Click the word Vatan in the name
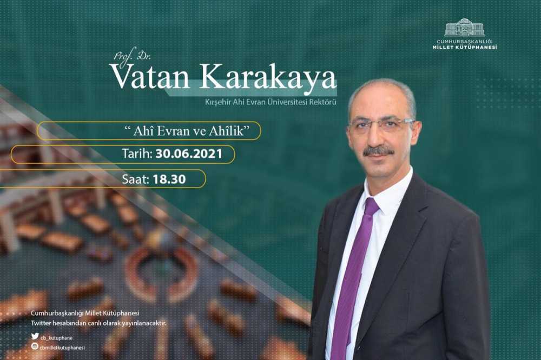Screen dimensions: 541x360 coord(150,76)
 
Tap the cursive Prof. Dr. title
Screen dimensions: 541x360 coord(133,56)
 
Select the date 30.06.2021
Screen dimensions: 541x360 coord(189,154)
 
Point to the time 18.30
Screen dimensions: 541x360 coord(169,179)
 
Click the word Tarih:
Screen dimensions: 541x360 coord(137,154)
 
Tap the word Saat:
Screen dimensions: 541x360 coord(136,179)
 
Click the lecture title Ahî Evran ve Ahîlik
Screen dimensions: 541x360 coord(187,131)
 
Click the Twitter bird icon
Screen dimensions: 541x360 coord(35,336)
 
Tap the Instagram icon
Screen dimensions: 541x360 coord(35,346)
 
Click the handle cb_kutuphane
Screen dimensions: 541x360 coord(57,338)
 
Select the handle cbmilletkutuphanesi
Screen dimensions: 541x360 coord(62,348)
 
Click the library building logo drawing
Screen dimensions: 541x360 coord(465,28)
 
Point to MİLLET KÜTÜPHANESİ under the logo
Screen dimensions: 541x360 coord(465,47)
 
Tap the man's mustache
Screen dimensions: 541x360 coord(379,150)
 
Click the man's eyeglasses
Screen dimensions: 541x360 coord(381,124)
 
